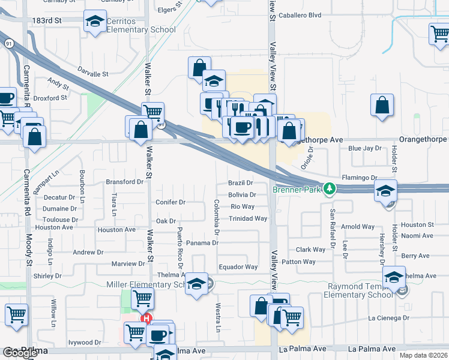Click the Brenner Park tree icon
(x=329, y=189)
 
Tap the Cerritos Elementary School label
(x=141, y=25)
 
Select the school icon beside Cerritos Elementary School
(x=94, y=23)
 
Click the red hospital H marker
(x=146, y=319)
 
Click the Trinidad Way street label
(x=248, y=218)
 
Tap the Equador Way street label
(x=238, y=267)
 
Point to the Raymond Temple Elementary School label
(x=358, y=290)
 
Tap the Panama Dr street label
(x=202, y=243)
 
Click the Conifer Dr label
(x=171, y=202)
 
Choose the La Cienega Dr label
(x=388, y=317)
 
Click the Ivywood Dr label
(x=85, y=343)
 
